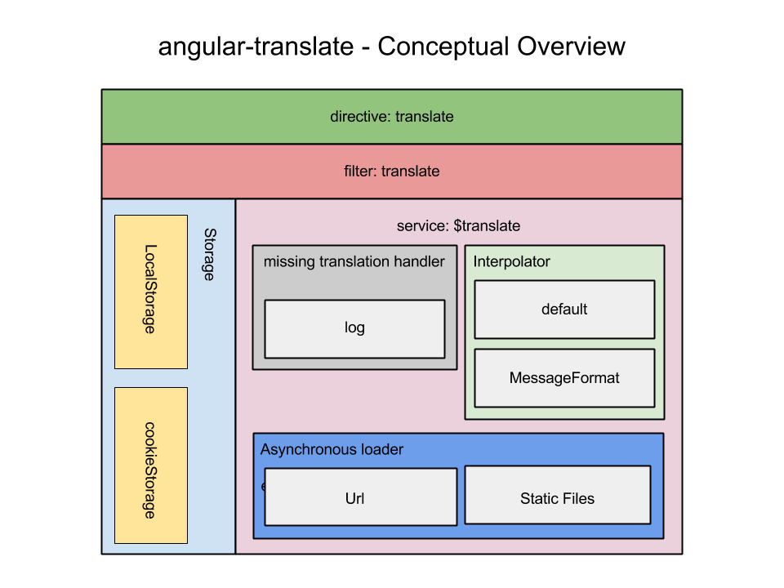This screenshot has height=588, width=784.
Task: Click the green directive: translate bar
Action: tap(391, 117)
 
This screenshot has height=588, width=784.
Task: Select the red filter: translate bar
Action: tap(391, 171)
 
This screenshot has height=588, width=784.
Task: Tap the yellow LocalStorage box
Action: tap(151, 291)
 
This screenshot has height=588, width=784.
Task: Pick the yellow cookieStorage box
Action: tap(151, 465)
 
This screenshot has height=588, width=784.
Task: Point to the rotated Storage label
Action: tap(209, 255)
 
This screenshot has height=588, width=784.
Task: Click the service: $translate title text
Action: tap(458, 226)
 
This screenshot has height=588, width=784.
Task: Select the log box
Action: tap(354, 328)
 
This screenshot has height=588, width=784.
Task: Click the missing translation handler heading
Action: tap(354, 262)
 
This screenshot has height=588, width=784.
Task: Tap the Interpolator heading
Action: tap(512, 262)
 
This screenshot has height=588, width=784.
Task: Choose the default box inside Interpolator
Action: tap(564, 310)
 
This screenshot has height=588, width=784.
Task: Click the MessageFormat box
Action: tap(564, 378)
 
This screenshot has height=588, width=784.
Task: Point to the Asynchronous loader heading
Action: tap(332, 450)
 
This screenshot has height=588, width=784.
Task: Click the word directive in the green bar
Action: tap(359, 117)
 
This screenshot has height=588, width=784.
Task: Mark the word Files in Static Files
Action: tap(577, 498)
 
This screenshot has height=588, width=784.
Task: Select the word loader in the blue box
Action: tap(383, 450)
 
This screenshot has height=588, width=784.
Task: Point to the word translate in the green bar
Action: tap(425, 117)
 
